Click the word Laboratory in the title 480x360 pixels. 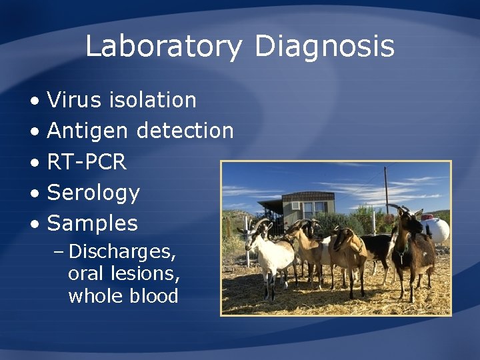[x=163, y=47]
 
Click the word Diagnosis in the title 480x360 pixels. [x=325, y=47]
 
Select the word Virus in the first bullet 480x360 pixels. [x=74, y=100]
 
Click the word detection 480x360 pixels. [x=185, y=131]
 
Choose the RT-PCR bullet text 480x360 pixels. [x=87, y=162]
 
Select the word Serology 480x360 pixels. [x=93, y=193]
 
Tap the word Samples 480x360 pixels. [x=93, y=223]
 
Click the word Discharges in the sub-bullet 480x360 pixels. [x=122, y=252]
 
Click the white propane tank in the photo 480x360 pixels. [x=437, y=231]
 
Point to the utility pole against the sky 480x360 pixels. [x=386, y=190]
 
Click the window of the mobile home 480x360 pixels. [x=309, y=207]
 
